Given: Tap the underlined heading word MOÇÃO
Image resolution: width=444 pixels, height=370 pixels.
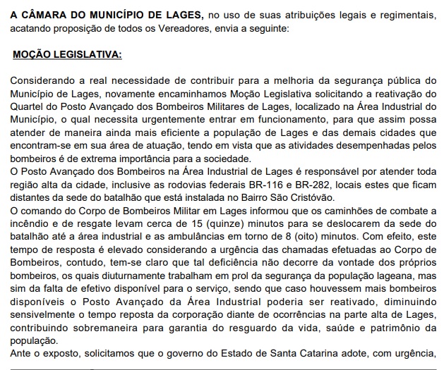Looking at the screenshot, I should (32, 54).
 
